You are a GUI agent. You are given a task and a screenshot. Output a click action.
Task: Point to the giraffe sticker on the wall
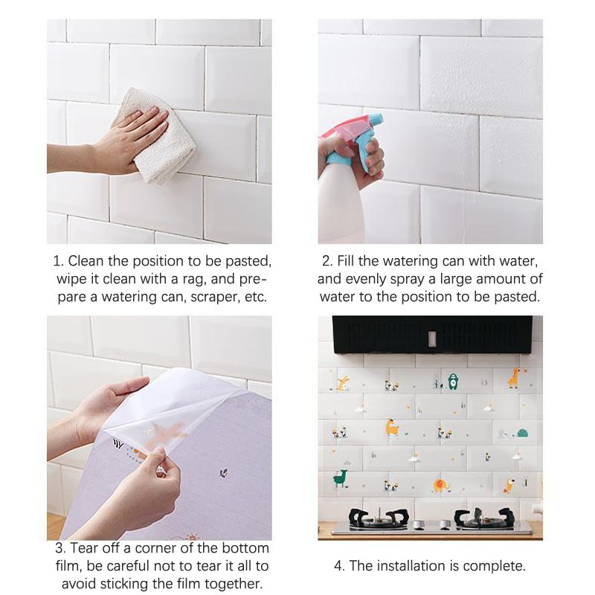pyautogui.click(x=514, y=378)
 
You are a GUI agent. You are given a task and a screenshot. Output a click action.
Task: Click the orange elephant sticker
pyautogui.click(x=441, y=486)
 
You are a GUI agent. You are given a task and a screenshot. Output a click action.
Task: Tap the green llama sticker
pyautogui.click(x=341, y=478)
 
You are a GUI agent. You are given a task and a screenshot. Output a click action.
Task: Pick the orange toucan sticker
pyautogui.click(x=509, y=486)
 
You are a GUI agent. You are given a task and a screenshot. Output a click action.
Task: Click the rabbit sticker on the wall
pyautogui.click(x=344, y=383)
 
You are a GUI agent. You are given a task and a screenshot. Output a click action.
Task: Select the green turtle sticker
pyautogui.click(x=522, y=433)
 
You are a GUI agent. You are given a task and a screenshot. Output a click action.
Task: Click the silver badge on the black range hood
pyautogui.click(x=432, y=339)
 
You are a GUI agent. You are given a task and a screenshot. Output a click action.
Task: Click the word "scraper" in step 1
pyautogui.click(x=216, y=297)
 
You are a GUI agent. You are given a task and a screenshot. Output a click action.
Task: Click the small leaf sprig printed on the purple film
pyautogui.click(x=224, y=473)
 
